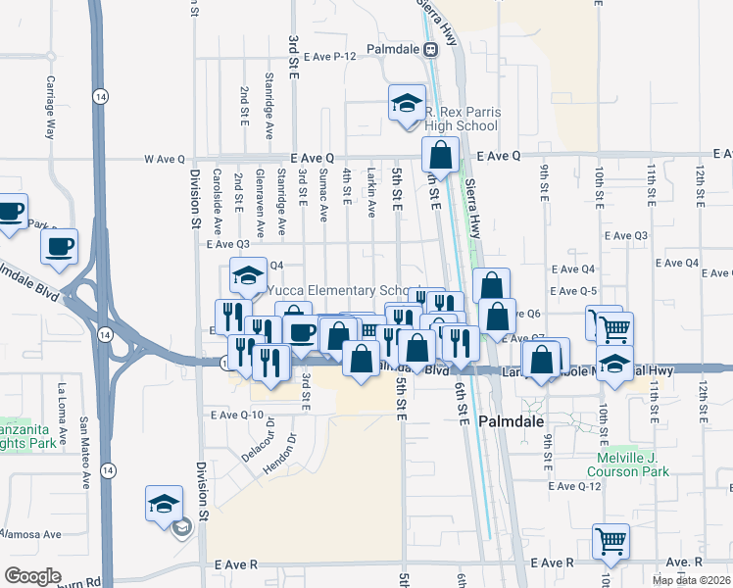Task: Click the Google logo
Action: pos(32,575)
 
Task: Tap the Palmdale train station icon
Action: pos(429,49)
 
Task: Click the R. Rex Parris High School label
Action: pos(462,119)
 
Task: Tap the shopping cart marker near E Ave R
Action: pos(611,540)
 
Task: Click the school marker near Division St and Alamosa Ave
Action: pos(164,503)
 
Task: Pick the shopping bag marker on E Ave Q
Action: pos(441,154)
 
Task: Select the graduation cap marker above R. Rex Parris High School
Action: pos(406,103)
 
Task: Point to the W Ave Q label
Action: pos(164,158)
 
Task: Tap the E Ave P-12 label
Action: pos(329,57)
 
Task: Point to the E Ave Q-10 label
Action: pos(238,416)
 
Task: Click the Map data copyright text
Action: pos(692,580)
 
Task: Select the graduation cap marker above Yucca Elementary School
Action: pos(248,273)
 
